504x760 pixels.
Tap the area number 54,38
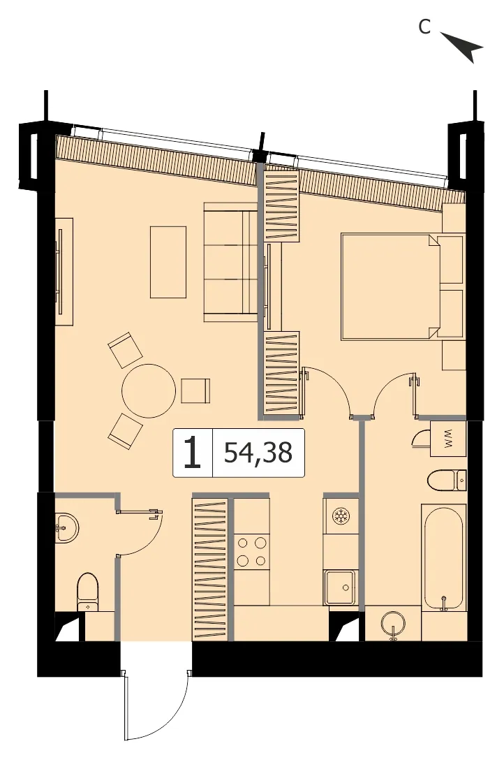click(258, 453)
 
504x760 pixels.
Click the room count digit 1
click(193, 453)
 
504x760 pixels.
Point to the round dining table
click(148, 390)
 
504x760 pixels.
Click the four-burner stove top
click(251, 551)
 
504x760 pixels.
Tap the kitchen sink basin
click(341, 587)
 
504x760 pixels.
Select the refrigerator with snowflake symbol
click(341, 516)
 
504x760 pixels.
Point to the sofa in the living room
click(230, 262)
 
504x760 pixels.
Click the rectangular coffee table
click(168, 262)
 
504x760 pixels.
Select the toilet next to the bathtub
click(446, 481)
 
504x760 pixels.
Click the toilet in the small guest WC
click(88, 592)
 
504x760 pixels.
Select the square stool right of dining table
click(196, 390)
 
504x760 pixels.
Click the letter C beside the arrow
click(424, 28)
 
